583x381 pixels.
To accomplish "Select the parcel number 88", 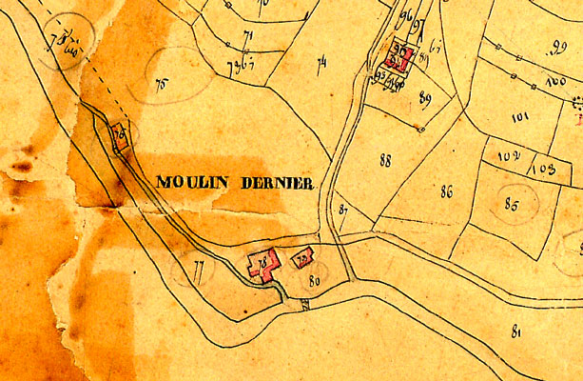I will click(x=385, y=161).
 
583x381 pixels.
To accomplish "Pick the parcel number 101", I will click(x=519, y=119).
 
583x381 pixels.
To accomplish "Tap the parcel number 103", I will click(x=543, y=168).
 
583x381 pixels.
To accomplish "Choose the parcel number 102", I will click(x=505, y=155).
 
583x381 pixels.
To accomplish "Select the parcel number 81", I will click(x=516, y=331).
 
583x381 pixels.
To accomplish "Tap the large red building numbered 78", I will click(x=263, y=264).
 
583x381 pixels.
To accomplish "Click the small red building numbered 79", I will click(x=303, y=258).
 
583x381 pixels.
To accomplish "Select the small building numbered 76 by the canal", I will click(x=120, y=137).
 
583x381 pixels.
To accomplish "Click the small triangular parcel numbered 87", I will click(x=342, y=210).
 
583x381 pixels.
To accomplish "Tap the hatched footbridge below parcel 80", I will click(x=304, y=305).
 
